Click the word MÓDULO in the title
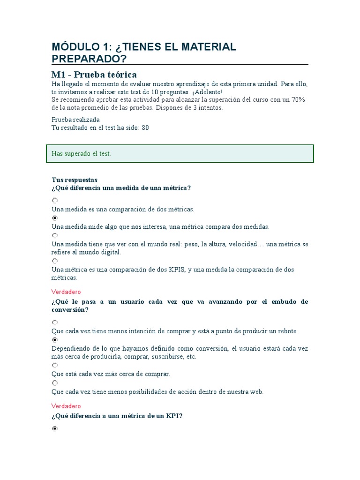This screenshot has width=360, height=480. (75, 47)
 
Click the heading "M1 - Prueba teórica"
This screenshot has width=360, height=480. (94, 75)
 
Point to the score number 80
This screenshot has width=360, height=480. (145, 127)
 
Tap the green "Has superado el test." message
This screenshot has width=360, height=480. (81, 154)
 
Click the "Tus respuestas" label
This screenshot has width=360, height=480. (74, 180)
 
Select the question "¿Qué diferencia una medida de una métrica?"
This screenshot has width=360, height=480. (121, 188)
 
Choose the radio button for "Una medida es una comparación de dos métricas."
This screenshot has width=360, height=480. (55, 201)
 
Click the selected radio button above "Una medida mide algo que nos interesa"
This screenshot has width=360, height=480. (55, 218)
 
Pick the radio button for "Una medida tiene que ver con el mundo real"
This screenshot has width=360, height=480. (55, 235)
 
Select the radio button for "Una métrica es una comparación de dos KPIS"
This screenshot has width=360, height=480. (55, 261)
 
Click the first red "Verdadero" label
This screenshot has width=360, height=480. (66, 292)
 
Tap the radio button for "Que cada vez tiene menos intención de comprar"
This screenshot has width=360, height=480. (55, 322)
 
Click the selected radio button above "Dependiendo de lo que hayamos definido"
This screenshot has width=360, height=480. (55, 340)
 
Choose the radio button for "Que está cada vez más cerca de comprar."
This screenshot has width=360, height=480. (55, 365)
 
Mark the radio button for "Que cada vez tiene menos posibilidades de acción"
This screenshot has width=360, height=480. (55, 382)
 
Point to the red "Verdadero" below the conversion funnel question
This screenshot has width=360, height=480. (66, 406)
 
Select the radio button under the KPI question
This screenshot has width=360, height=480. (55, 428)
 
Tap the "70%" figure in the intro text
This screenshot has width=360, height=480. (298, 99)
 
